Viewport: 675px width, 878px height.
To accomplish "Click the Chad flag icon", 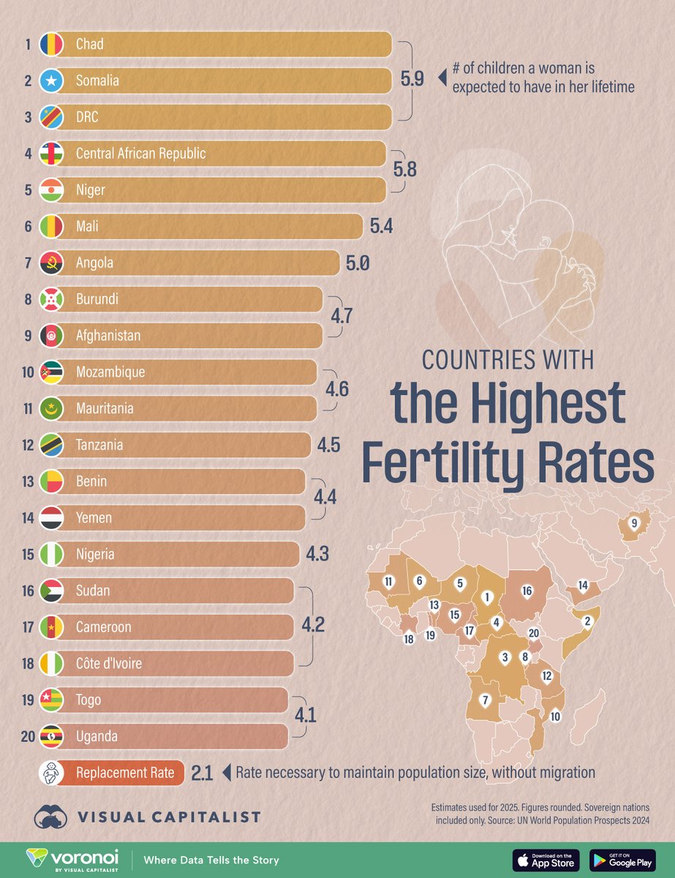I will (x=53, y=45).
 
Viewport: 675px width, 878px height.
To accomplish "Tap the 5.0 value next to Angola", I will (x=358, y=263).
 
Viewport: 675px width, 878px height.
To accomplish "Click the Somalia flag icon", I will (x=53, y=81).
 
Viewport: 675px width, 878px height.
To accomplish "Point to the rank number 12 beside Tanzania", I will (x=27, y=445).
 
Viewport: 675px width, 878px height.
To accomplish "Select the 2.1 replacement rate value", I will (x=202, y=773).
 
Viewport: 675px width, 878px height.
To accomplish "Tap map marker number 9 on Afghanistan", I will (x=633, y=523).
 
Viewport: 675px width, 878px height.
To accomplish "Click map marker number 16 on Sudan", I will (x=526, y=591).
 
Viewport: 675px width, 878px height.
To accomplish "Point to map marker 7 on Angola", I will (x=484, y=700).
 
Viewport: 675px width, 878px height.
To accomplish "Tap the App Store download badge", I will (x=546, y=860).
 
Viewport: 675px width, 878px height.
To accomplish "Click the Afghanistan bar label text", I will (x=108, y=336).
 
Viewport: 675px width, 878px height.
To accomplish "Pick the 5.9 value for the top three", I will (x=412, y=80).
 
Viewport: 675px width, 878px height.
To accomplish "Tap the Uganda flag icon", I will (x=53, y=736).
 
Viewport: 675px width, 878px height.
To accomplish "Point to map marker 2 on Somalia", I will (x=585, y=621).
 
